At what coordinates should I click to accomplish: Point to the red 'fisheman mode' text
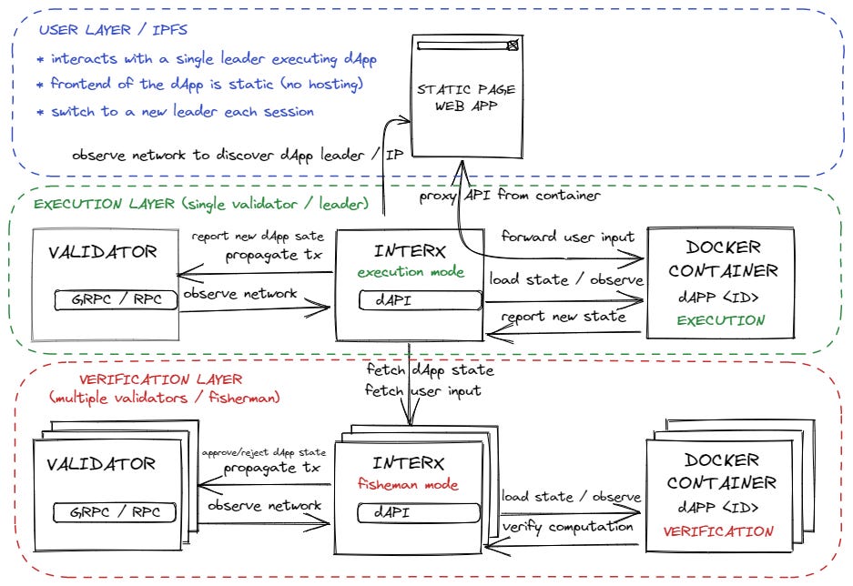407,485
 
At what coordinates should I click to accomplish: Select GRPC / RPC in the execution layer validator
114,298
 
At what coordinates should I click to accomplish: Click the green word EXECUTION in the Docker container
721,320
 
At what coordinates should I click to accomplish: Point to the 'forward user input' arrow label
567,238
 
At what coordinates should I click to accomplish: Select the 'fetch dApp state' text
430,370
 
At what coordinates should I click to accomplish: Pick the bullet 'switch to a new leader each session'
174,112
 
